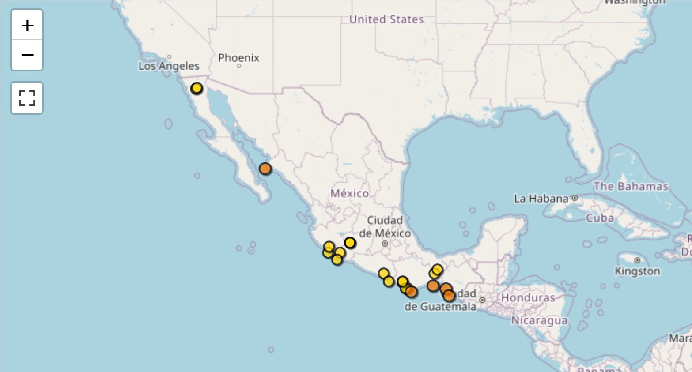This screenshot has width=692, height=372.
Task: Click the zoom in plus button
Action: click(x=27, y=26)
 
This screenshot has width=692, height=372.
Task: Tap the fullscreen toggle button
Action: click(x=27, y=98)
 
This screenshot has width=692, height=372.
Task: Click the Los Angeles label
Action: click(x=169, y=66)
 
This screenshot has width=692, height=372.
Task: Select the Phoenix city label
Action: click(x=238, y=58)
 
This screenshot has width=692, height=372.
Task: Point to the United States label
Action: click(x=386, y=19)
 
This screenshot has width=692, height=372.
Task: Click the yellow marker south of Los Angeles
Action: click(x=197, y=88)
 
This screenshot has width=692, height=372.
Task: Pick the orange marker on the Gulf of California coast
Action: click(x=265, y=169)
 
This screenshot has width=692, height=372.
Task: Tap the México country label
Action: click(x=349, y=193)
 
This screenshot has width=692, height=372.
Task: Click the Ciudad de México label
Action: click(x=385, y=226)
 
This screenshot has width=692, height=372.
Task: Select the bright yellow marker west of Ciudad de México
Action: click(x=350, y=243)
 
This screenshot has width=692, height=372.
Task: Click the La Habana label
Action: click(x=541, y=199)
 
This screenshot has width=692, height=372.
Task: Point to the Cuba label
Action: click(x=600, y=218)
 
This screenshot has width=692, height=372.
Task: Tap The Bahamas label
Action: click(x=630, y=186)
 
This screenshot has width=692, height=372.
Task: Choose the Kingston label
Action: click(x=637, y=271)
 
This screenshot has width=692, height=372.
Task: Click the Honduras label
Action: click(x=528, y=297)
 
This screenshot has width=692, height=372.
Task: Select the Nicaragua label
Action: click(x=539, y=320)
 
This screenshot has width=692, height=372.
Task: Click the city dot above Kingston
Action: click(x=637, y=260)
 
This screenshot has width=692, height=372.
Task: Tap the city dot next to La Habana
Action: click(x=575, y=198)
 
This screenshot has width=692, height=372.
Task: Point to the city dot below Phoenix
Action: click(x=239, y=66)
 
